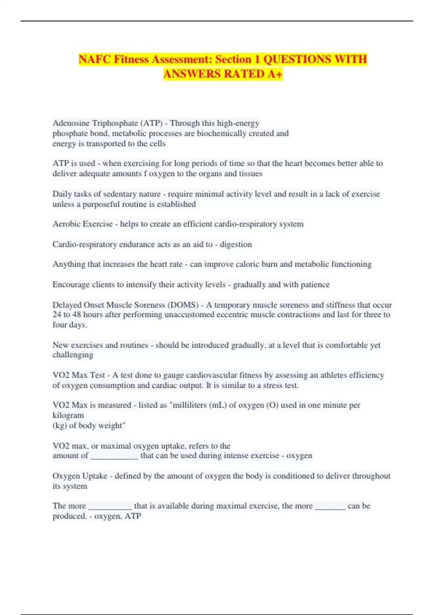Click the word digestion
coord(236,244)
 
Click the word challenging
coord(73,355)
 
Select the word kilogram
coord(68,415)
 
